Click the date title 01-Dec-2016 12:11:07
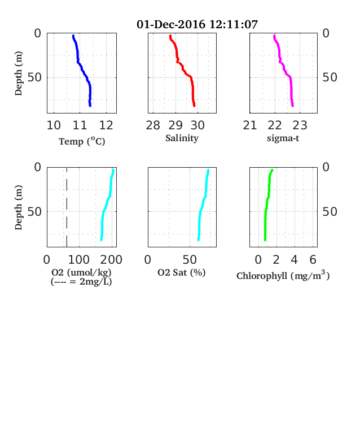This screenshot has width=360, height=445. pyautogui.click(x=197, y=24)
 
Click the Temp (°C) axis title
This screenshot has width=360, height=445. pyautogui.click(x=82, y=141)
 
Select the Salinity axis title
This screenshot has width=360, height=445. pyautogui.click(x=182, y=138)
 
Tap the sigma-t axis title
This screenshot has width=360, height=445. pyautogui.click(x=283, y=138)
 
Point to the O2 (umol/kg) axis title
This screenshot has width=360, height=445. pyautogui.click(x=81, y=272)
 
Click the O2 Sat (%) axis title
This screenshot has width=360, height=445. pyautogui.click(x=182, y=272)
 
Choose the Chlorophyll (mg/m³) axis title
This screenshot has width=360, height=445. pyautogui.click(x=283, y=275)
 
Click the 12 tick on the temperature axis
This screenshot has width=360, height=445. pyautogui.click(x=106, y=125)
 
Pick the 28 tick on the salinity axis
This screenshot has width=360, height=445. pyautogui.click(x=153, y=125)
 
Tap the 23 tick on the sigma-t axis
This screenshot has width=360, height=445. pyautogui.click(x=300, y=125)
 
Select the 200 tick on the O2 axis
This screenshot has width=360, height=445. pyautogui.click(x=111, y=259)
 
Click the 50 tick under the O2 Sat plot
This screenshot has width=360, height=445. pyautogui.click(x=190, y=259)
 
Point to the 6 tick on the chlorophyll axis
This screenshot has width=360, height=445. pyautogui.click(x=313, y=259)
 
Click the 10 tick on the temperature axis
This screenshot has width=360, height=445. pyautogui.click(x=54, y=125)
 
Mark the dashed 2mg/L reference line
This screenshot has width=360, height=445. pyautogui.click(x=67, y=207)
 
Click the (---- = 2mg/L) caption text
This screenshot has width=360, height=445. pyautogui.click(x=81, y=282)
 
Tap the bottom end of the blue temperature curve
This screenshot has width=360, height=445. pyautogui.click(x=90, y=106)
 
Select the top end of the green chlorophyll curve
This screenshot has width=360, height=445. pyautogui.click(x=272, y=170)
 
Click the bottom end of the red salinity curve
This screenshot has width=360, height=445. pyautogui.click(x=194, y=106)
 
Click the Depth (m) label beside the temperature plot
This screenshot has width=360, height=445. pyautogui.click(x=19, y=73)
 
